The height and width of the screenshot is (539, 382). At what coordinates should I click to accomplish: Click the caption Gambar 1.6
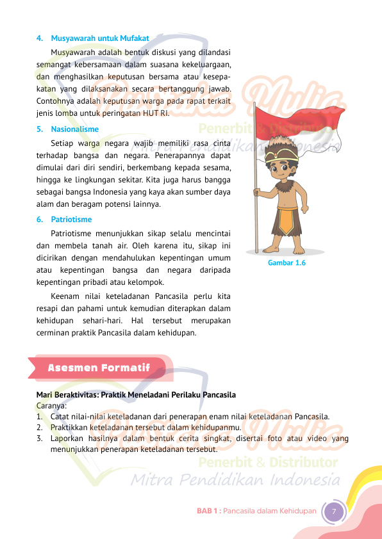(286, 262)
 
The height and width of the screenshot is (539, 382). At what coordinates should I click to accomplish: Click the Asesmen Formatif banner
(99, 368)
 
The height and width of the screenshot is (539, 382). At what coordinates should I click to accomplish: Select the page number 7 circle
(334, 511)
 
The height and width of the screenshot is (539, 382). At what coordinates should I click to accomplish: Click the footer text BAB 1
(208, 511)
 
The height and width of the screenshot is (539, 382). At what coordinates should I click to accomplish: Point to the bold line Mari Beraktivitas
(136, 394)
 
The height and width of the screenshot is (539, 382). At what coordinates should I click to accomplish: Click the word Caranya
(52, 405)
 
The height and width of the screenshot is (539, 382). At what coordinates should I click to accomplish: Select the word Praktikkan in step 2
(70, 427)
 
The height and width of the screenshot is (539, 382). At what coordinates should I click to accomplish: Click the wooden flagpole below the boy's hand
(256, 224)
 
